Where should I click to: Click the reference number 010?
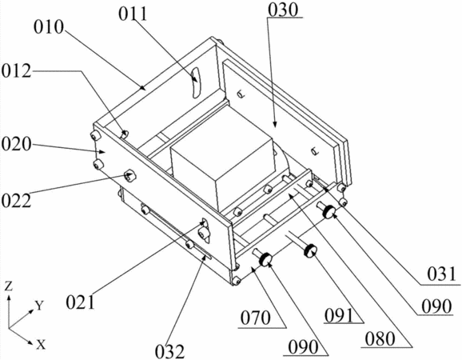click(x=48, y=28)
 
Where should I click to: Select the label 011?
click(x=133, y=14)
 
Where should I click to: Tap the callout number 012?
click(x=16, y=71)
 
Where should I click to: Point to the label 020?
click(x=16, y=145)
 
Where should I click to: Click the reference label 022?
click(x=16, y=201)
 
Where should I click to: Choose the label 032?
click(x=170, y=351)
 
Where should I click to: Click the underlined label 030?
click(x=284, y=10)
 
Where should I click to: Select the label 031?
click(x=441, y=274)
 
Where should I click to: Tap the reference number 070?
click(x=256, y=318)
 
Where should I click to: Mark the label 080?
click(x=380, y=338)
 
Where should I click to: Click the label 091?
click(x=339, y=316)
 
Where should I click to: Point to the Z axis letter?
click(x=10, y=286)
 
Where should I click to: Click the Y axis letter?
click(x=40, y=306)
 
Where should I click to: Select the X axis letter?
click(x=41, y=344)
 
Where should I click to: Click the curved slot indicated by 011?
click(x=195, y=82)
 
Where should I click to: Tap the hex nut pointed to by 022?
click(x=129, y=175)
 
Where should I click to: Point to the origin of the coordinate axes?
click(x=9, y=327)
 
